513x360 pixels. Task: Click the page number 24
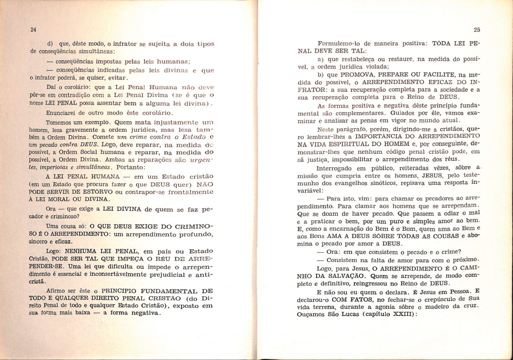click(x=34, y=30)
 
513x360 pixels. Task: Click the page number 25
click(x=476, y=30)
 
